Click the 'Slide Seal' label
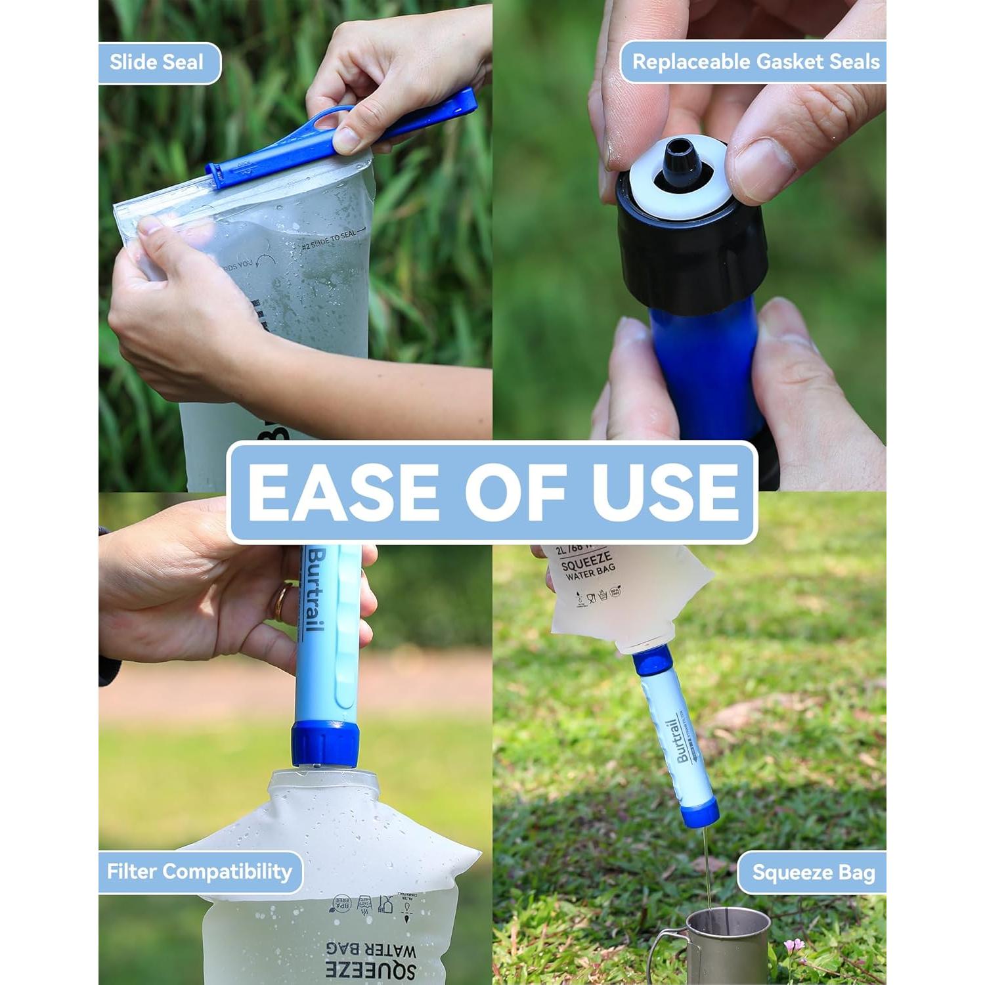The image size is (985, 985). coord(156,63)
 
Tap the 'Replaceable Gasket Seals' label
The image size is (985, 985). coord(755,62)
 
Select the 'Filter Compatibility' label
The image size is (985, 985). coord(199,872)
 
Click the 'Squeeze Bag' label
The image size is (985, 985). coord(814,873)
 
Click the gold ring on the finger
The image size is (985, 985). coord(280,603)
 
